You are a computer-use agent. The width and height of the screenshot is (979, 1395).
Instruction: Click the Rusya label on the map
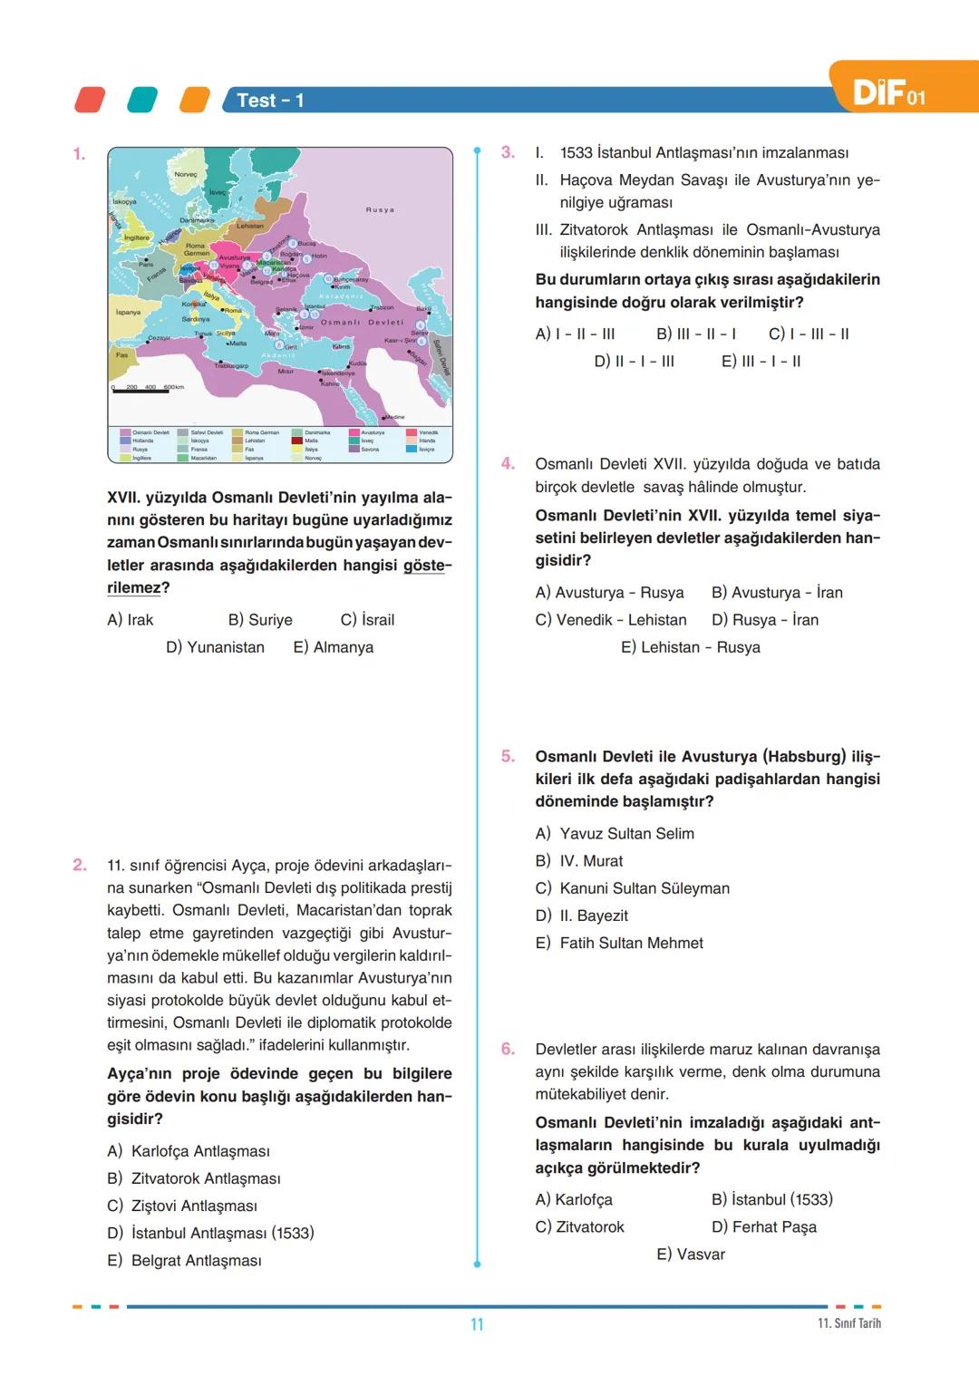(380, 209)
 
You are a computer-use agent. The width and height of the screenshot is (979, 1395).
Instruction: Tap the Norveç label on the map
(185, 174)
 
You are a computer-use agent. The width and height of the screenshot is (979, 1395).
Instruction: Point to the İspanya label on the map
(128, 313)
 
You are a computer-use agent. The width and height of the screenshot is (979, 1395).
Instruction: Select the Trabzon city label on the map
(382, 308)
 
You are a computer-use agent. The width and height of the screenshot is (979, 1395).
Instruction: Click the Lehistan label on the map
(250, 226)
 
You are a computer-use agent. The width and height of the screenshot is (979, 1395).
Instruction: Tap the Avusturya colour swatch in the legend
(354, 433)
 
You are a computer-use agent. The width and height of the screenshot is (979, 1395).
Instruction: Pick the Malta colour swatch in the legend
(296, 441)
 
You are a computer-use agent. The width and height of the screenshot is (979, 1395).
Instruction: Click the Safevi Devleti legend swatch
(183, 433)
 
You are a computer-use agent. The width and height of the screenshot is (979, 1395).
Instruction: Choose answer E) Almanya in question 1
(333, 647)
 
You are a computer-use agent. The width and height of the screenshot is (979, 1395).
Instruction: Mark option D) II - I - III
(634, 361)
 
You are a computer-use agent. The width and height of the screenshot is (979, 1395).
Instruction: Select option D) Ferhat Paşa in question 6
(763, 1227)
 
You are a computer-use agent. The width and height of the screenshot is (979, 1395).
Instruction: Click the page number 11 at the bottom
(477, 1324)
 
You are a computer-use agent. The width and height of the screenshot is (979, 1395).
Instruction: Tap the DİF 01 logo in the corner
(888, 92)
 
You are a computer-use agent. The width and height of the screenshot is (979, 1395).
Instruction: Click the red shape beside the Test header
(89, 100)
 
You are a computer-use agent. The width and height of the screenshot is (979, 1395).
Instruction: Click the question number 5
(509, 756)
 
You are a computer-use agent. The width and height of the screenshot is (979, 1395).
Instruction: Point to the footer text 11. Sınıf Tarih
(848, 1323)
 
